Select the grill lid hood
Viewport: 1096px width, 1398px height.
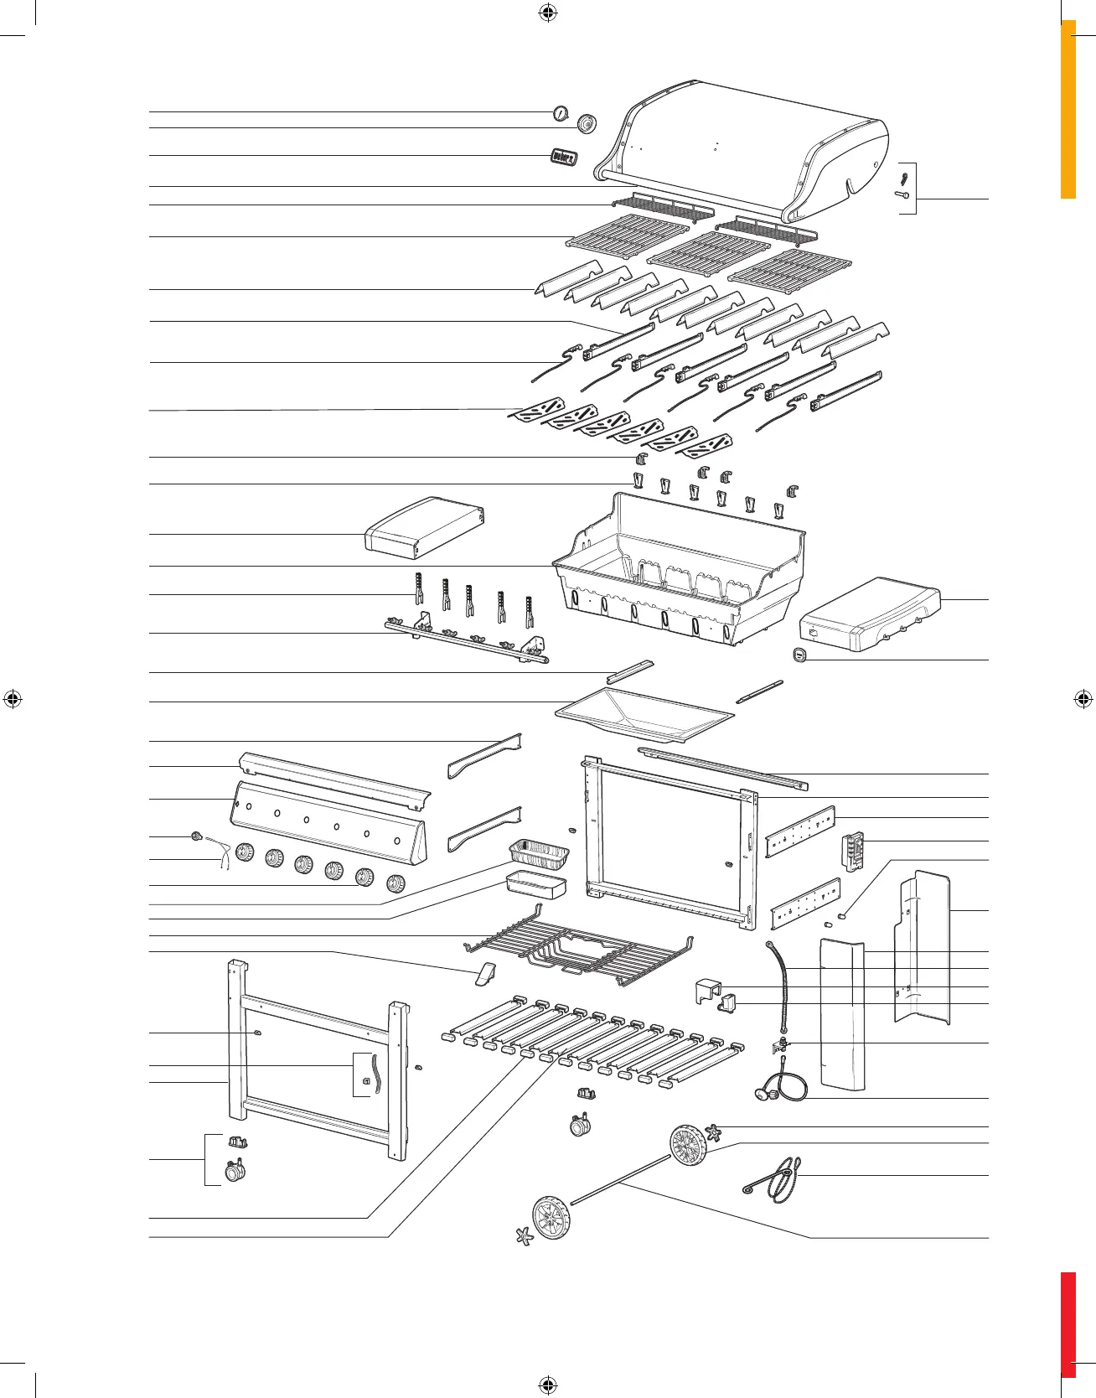pos(746,142)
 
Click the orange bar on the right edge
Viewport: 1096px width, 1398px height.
pos(1068,109)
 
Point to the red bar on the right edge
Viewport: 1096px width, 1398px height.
pos(1068,1324)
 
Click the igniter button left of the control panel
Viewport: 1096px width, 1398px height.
pos(196,836)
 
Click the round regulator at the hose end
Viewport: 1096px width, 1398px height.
pos(763,1093)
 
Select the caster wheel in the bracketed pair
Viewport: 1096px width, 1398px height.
pos(235,1171)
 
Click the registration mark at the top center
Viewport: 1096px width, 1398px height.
pos(547,13)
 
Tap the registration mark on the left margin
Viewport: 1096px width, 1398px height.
pos(13,698)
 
